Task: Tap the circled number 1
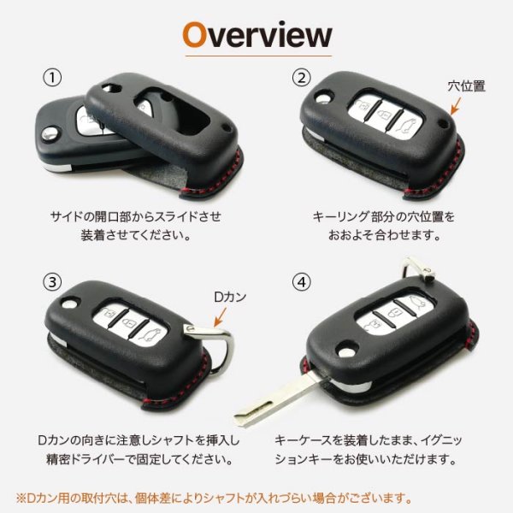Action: coord(53,78)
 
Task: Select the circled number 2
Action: coord(300,78)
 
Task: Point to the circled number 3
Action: coord(53,280)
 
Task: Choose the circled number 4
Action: coord(300,280)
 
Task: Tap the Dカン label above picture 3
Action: coord(229,298)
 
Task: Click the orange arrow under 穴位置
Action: coord(455,107)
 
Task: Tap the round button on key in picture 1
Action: coord(51,133)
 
